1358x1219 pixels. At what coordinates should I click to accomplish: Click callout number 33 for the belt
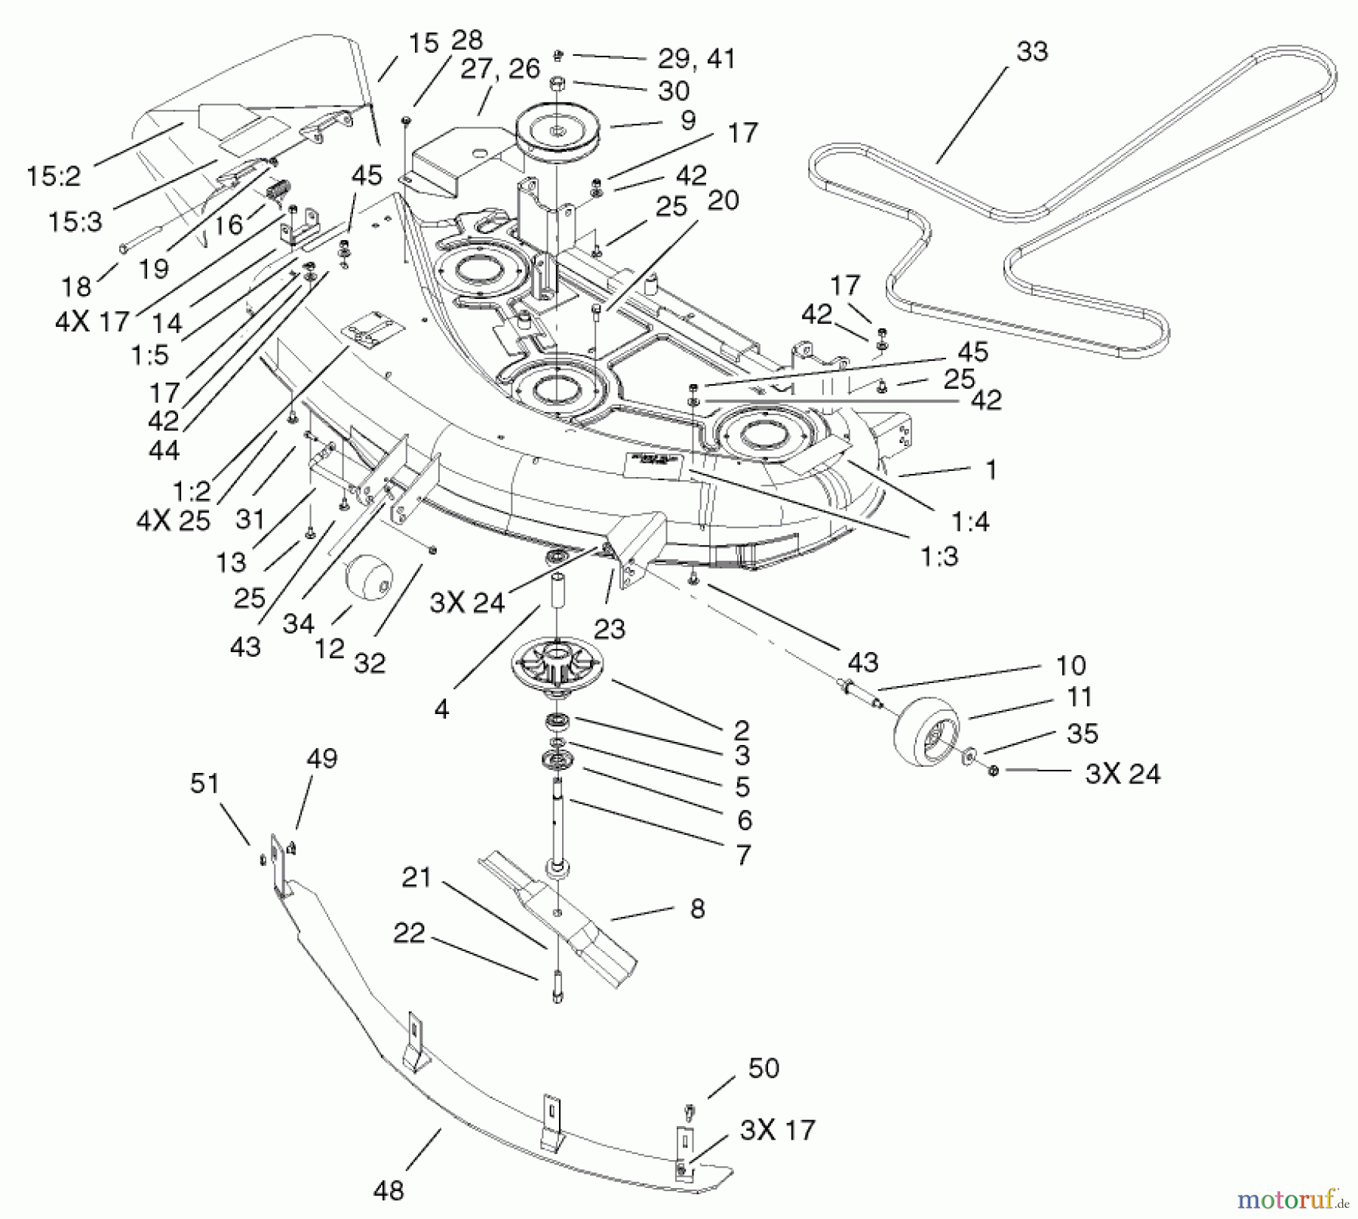pyautogui.click(x=1031, y=51)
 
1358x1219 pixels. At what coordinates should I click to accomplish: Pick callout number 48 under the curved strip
pyautogui.click(x=388, y=1190)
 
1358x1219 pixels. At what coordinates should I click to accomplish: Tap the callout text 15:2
pyautogui.click(x=53, y=177)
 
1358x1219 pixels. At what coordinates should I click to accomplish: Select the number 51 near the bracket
pyautogui.click(x=204, y=783)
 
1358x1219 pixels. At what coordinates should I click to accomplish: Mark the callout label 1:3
pyautogui.click(x=939, y=557)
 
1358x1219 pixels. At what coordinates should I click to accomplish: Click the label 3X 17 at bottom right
pyautogui.click(x=777, y=1130)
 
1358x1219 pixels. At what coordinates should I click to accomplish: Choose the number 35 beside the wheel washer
pyautogui.click(x=1082, y=733)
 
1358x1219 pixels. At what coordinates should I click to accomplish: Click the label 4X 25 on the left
pyautogui.click(x=173, y=520)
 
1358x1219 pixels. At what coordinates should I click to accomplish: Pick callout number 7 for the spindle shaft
pyautogui.click(x=743, y=854)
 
